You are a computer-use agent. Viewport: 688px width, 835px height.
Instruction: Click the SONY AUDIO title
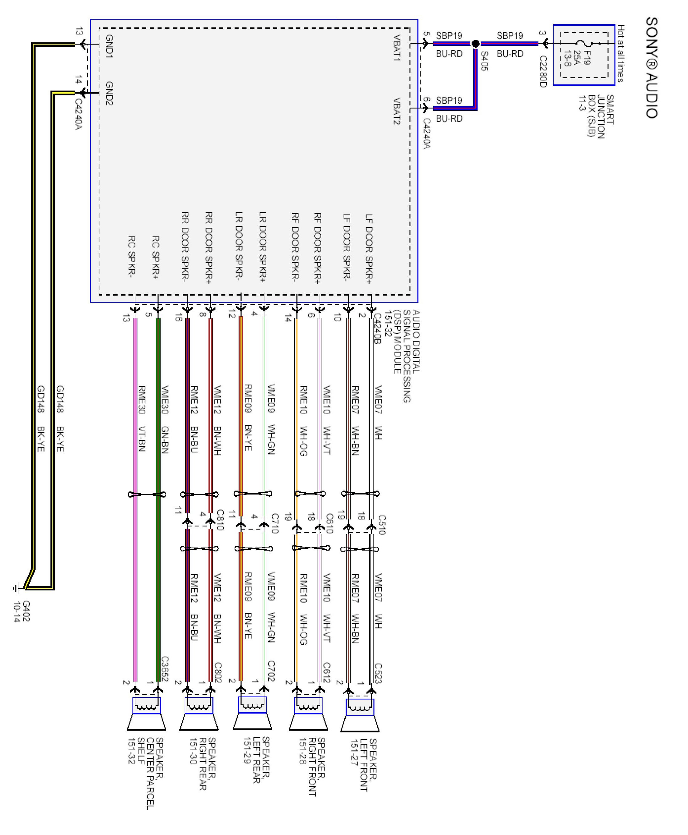coord(652,67)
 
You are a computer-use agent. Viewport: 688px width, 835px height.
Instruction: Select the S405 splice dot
coord(476,44)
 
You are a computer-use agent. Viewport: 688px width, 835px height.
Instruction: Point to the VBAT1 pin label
coord(397,48)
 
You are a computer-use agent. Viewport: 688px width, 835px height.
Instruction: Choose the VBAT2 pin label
coord(397,111)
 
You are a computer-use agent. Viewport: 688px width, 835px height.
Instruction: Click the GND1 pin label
coord(109,47)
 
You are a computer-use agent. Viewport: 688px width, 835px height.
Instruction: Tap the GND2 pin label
coord(109,94)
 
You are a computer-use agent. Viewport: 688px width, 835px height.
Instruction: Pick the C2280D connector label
coord(543,71)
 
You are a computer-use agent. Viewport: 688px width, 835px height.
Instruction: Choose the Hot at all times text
coord(621,54)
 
